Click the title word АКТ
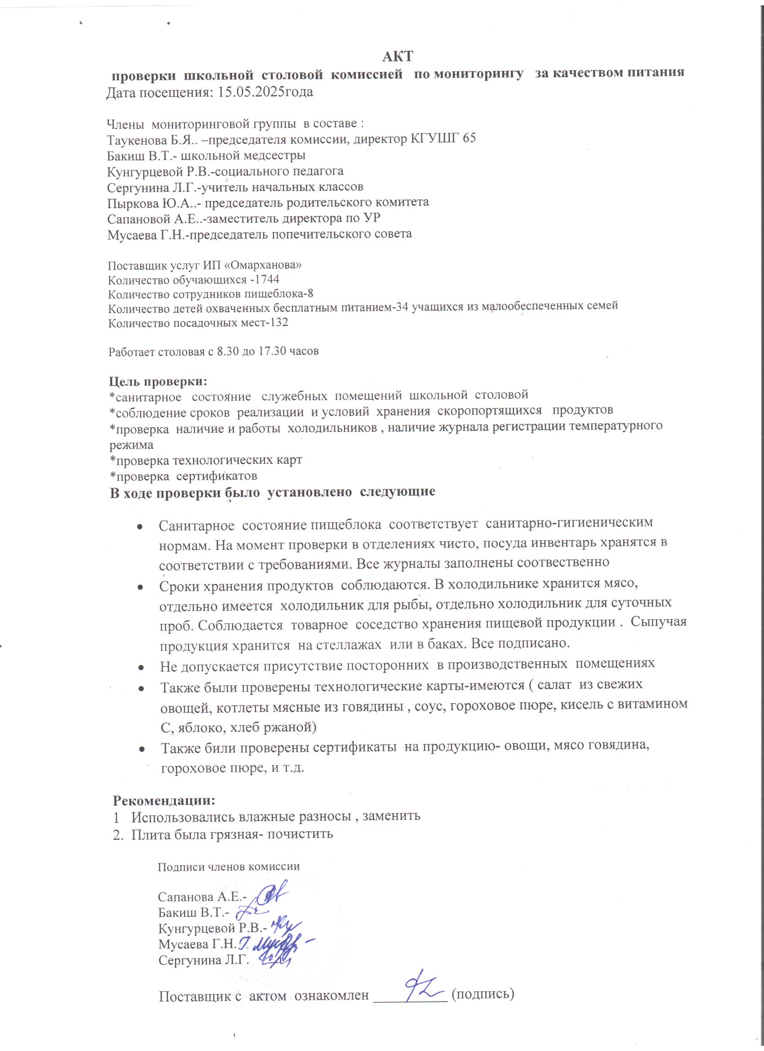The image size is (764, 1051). pyautogui.click(x=398, y=57)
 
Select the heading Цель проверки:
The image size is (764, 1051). pyautogui.click(x=158, y=381)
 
